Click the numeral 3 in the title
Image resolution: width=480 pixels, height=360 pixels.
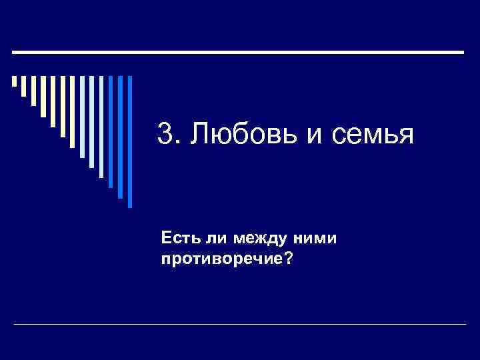[164, 135]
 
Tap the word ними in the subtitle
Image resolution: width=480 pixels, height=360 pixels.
[313, 239]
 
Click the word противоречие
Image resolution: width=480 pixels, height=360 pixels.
[221, 257]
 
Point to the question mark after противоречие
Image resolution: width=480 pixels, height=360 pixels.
[287, 257]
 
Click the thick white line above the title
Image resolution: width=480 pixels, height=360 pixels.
[238, 51]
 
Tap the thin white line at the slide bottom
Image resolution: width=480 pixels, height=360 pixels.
[240, 324]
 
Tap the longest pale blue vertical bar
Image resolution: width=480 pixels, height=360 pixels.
[101, 127]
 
